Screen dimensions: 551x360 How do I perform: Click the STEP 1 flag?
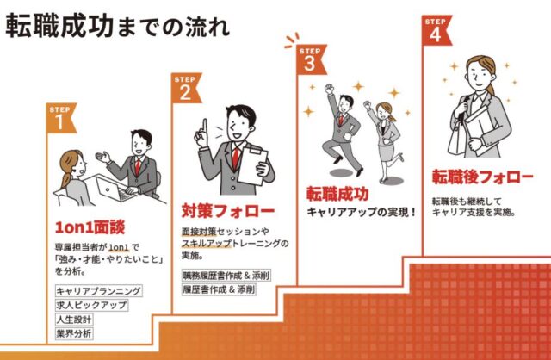click(x=60, y=118)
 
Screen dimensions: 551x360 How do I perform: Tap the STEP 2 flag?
click(x=186, y=88)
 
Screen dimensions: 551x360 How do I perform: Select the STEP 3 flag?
click(x=311, y=59)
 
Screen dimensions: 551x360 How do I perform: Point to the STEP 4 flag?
click(x=436, y=30)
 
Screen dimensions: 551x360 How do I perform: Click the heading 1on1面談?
click(x=90, y=227)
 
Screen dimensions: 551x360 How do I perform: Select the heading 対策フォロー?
click(x=228, y=211)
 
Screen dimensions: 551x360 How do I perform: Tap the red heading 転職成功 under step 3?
click(x=337, y=194)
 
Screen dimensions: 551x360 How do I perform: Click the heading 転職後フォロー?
click(x=483, y=177)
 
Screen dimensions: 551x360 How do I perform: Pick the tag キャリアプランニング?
click(x=99, y=291)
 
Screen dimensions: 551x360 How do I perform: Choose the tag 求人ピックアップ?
click(x=91, y=305)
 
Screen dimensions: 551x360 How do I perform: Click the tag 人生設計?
click(x=74, y=320)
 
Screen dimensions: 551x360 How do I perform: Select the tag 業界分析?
click(x=74, y=333)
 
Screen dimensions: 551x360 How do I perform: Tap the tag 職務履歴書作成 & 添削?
click(x=226, y=276)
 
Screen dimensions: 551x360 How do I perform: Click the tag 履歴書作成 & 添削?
click(x=219, y=289)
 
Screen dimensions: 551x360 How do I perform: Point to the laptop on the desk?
click(x=113, y=189)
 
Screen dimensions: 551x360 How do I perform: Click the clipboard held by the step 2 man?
click(x=252, y=165)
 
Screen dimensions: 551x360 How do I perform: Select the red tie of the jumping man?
click(x=341, y=120)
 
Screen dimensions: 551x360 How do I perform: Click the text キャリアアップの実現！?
click(x=362, y=213)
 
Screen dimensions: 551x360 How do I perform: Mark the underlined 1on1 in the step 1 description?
click(x=119, y=247)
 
